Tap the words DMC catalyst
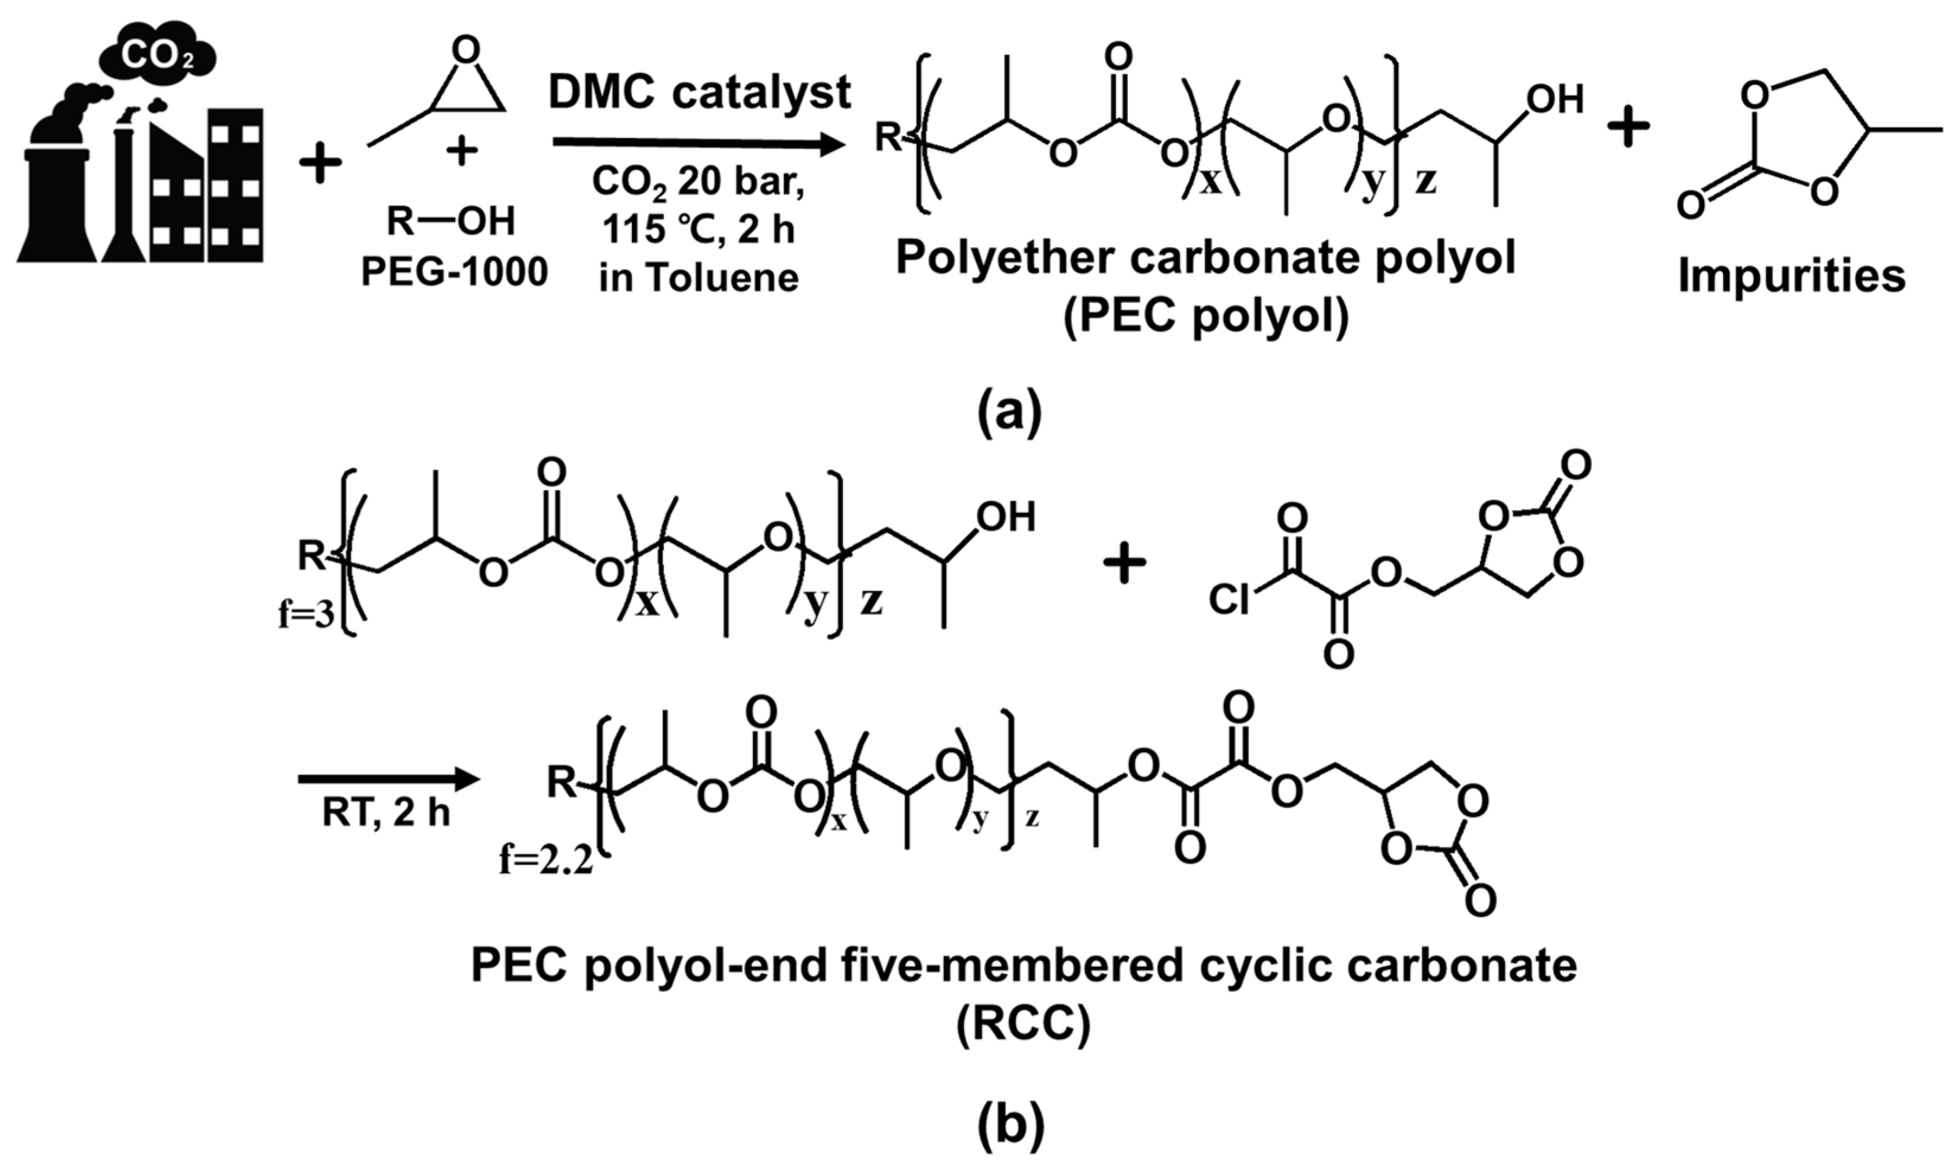tap(699, 93)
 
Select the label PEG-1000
tap(454, 273)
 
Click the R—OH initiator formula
tap(450, 222)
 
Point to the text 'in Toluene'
tap(699, 278)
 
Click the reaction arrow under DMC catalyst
tap(694, 143)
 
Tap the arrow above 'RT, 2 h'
tap(388, 780)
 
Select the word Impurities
tap(1791, 277)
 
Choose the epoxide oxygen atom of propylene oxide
tap(467, 50)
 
